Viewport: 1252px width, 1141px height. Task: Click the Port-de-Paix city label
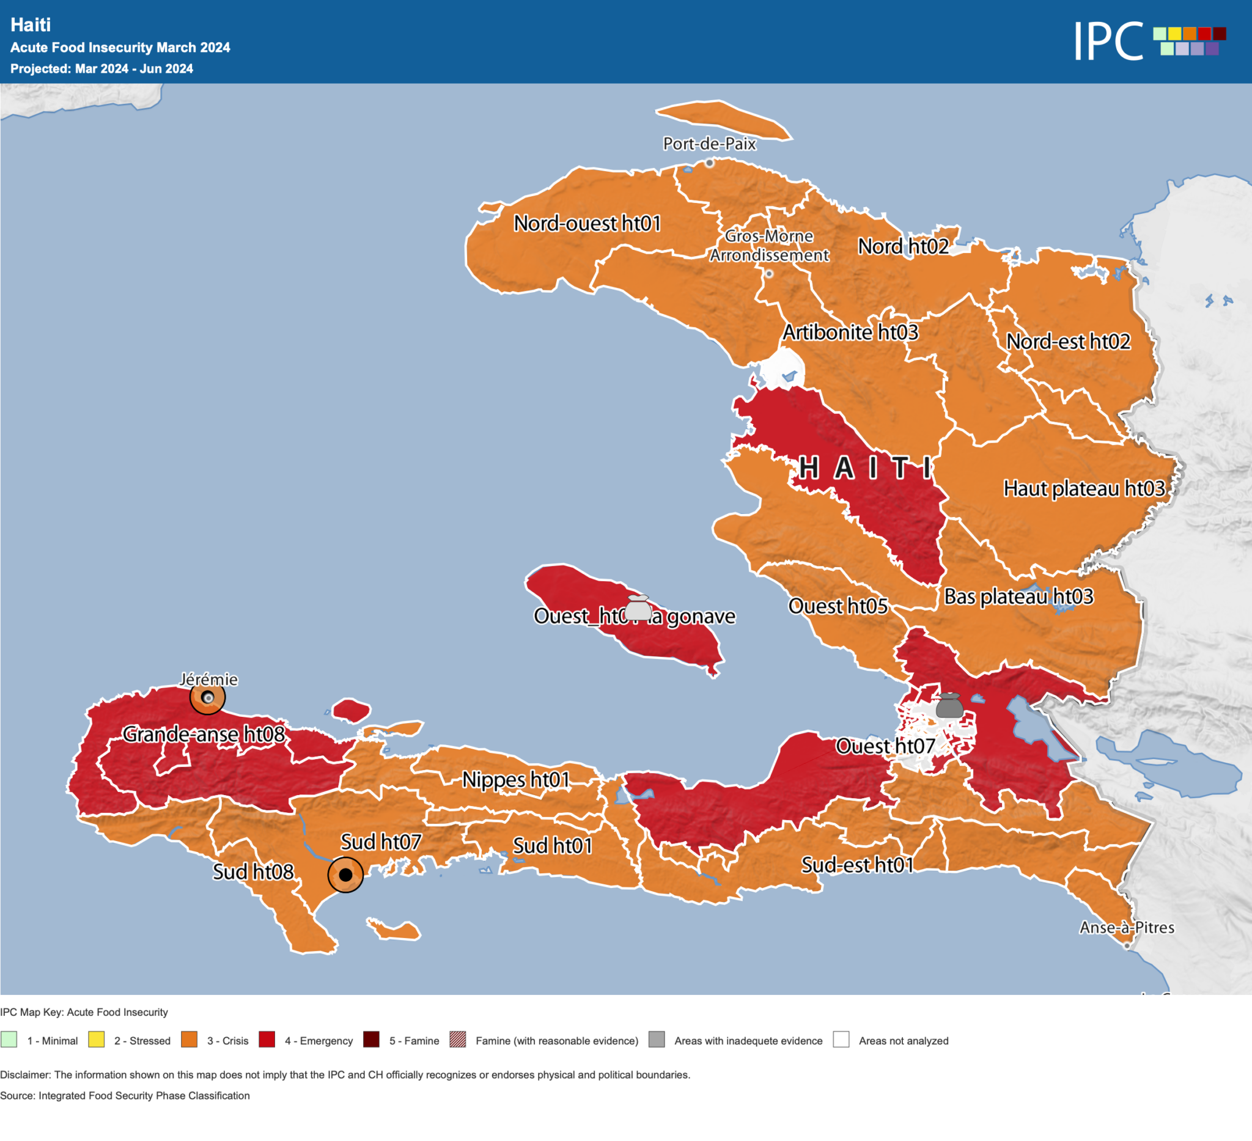pyautogui.click(x=709, y=144)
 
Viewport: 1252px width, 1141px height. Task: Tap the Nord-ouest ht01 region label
pyautogui.click(x=587, y=224)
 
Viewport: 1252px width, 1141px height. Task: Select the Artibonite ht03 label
pyautogui.click(x=850, y=332)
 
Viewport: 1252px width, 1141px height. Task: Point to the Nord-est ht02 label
pyautogui.click(x=1068, y=342)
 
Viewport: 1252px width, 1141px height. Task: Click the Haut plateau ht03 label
pyautogui.click(x=1084, y=489)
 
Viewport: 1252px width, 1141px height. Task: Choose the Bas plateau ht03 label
pyautogui.click(x=1018, y=597)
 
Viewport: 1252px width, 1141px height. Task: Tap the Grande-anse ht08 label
pyautogui.click(x=204, y=735)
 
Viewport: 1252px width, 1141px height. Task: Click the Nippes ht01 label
pyautogui.click(x=515, y=780)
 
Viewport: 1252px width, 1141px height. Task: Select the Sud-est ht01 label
pyautogui.click(x=857, y=865)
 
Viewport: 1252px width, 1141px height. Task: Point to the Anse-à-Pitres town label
pyautogui.click(x=1127, y=928)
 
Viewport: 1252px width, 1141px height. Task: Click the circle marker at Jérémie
pyautogui.click(x=207, y=698)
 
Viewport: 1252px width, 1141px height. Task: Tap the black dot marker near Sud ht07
pyautogui.click(x=345, y=875)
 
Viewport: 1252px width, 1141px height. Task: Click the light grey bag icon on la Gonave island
pyautogui.click(x=638, y=608)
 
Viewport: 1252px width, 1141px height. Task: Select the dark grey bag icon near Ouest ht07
pyautogui.click(x=949, y=706)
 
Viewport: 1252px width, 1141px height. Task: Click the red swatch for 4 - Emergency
pyautogui.click(x=267, y=1040)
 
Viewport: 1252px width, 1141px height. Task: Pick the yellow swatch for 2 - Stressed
pyautogui.click(x=96, y=1040)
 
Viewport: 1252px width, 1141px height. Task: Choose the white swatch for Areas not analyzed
pyautogui.click(x=841, y=1040)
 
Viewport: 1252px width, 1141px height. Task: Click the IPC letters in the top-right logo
pyautogui.click(x=1108, y=41)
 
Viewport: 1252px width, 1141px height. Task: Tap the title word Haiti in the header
pyautogui.click(x=31, y=25)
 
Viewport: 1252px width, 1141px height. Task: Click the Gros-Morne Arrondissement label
pyautogui.click(x=769, y=246)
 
